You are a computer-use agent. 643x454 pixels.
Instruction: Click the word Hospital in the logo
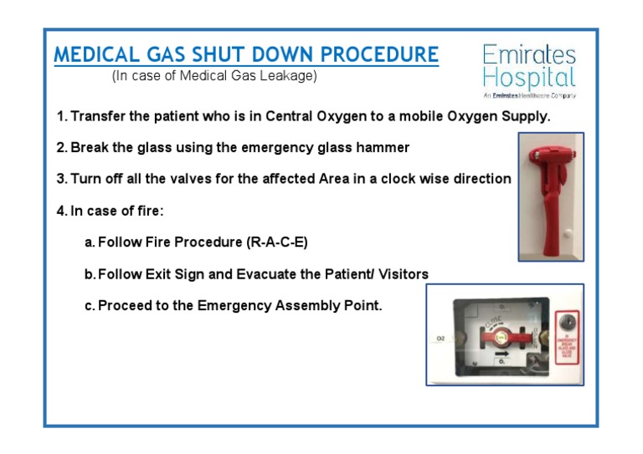click(x=529, y=79)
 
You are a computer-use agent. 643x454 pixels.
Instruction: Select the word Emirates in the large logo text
click(x=529, y=55)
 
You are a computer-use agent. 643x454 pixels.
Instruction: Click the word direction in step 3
click(x=478, y=179)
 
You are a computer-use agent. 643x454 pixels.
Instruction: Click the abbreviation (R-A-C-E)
click(x=277, y=242)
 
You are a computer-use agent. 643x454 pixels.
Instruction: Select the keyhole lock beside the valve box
click(x=566, y=320)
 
